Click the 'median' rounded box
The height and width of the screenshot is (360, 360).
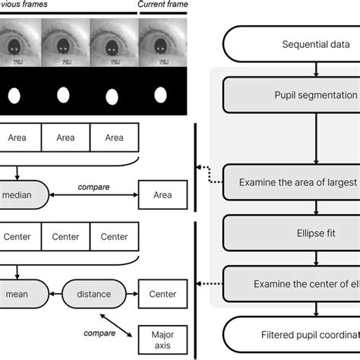[x=22, y=194]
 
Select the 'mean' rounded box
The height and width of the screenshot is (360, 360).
[x=22, y=294]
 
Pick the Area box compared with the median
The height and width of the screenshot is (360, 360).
[x=163, y=195]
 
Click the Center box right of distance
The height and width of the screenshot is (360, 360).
[x=163, y=294]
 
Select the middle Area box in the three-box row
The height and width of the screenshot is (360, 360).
[x=65, y=137]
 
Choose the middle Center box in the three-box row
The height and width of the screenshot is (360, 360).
[x=65, y=237]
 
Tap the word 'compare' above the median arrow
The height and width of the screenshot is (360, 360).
[x=93, y=186]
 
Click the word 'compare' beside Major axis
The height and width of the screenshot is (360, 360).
[x=99, y=332]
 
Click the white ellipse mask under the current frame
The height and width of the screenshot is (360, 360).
[x=161, y=96]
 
